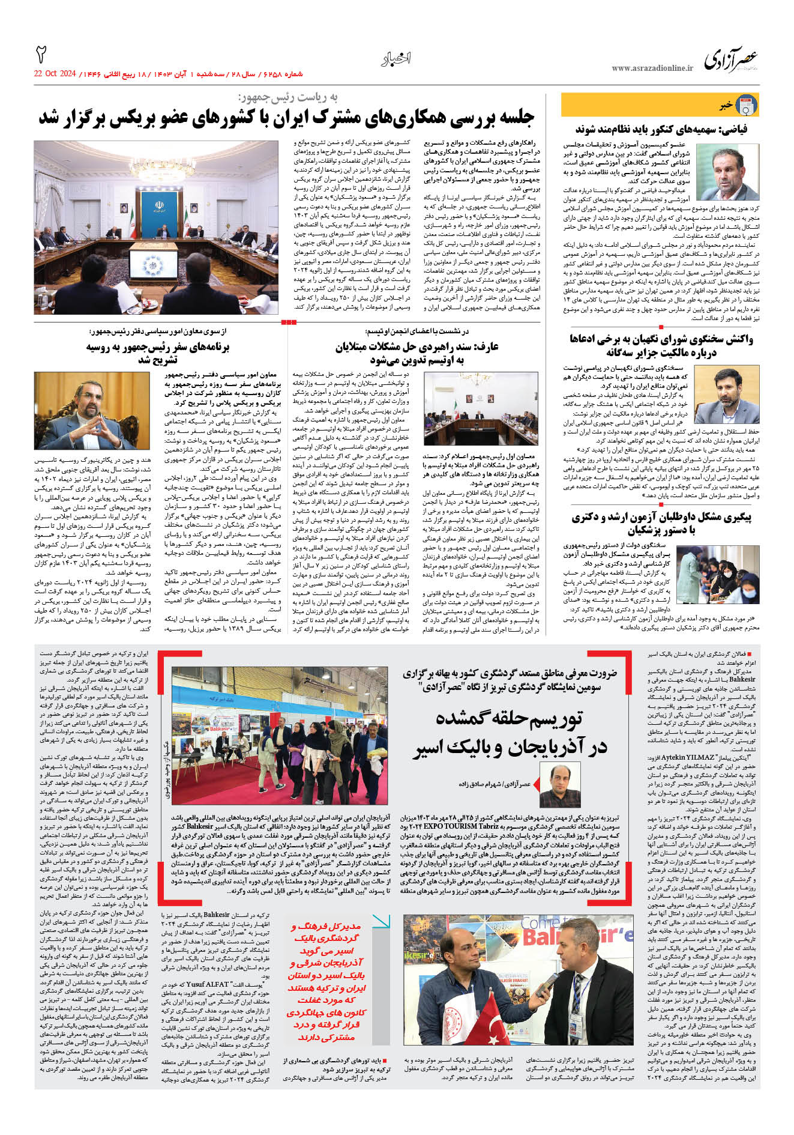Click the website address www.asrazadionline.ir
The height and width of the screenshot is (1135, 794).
click(x=652, y=68)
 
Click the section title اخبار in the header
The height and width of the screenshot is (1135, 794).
click(x=395, y=59)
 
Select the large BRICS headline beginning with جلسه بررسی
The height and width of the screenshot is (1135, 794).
click(x=286, y=118)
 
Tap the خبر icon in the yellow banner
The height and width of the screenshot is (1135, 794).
click(x=746, y=105)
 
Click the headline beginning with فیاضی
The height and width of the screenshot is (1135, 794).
click(x=661, y=130)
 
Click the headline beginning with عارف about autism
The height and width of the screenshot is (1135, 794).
click(x=417, y=353)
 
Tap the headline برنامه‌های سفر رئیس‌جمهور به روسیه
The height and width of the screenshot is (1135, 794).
click(x=157, y=353)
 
